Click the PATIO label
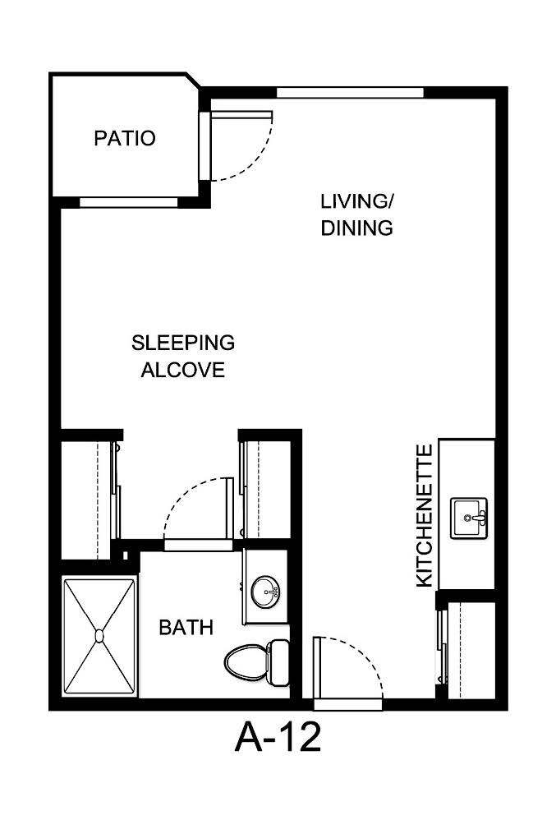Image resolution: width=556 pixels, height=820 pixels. (125, 138)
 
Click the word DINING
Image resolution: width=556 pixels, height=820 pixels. (356, 228)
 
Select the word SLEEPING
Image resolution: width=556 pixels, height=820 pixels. (183, 342)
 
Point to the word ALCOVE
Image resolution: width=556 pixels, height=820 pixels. (183, 371)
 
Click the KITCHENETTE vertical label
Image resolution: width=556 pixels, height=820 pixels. (424, 515)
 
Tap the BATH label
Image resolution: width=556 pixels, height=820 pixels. (186, 629)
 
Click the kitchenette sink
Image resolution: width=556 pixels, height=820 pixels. (469, 518)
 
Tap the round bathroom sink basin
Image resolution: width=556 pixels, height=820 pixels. (265, 589)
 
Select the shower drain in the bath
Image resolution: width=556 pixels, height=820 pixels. (99, 635)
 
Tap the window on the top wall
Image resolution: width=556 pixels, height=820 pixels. (350, 92)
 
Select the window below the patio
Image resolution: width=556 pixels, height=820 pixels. (127, 201)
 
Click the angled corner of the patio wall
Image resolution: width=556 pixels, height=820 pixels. (195, 82)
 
